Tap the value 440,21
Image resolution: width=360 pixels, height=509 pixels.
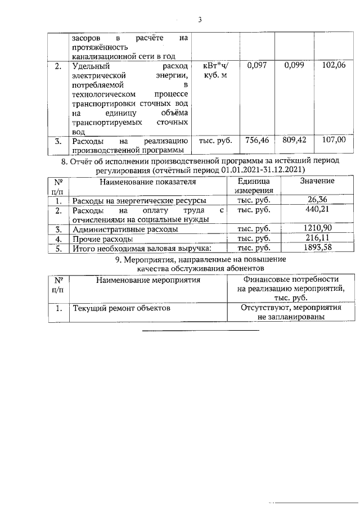[317, 209]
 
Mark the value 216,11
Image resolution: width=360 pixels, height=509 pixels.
[317, 238]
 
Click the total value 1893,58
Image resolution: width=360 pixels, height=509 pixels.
[317, 248]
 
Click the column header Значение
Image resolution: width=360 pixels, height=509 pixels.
[317, 181]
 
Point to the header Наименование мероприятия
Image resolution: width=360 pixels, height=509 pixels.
[148, 280]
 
